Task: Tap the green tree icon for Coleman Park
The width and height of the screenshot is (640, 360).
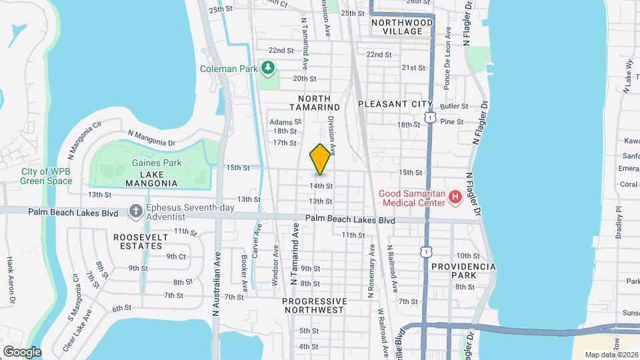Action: tap(268, 68)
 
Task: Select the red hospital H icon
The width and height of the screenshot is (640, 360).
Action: tap(455, 197)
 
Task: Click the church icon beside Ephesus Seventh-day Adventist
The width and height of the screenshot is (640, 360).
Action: tap(135, 211)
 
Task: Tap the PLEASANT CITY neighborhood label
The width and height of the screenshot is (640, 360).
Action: tap(395, 105)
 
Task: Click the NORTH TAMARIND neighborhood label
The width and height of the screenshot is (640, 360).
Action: tap(315, 103)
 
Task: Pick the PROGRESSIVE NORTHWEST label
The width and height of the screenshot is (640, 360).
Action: tap(315, 305)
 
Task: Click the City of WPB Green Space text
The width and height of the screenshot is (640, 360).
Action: tap(47, 176)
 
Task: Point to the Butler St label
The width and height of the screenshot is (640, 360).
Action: tap(455, 106)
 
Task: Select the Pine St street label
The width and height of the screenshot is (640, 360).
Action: tap(452, 122)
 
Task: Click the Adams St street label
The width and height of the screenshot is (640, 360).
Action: tap(285, 122)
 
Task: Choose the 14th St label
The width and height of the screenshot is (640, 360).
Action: tap(320, 186)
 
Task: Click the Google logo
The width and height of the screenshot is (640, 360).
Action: tap(21, 351)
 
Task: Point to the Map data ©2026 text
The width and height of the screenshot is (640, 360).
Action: tap(611, 355)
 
